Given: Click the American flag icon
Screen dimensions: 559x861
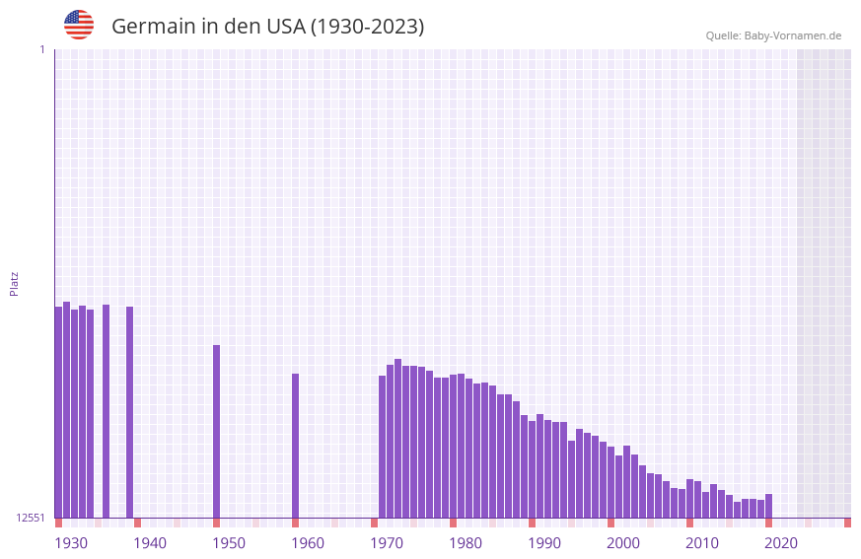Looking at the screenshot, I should [79, 25].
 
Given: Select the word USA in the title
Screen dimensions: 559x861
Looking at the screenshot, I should [286, 27].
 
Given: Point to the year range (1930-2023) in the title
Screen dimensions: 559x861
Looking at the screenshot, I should [367, 27].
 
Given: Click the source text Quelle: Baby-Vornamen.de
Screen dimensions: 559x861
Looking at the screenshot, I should [773, 35].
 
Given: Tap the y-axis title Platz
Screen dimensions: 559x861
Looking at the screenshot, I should [14, 283].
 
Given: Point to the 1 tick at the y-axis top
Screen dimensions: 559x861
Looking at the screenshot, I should [41, 49].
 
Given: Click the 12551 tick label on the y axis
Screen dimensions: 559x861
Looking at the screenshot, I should [31, 518].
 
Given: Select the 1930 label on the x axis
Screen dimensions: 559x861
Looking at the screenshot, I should [71, 543].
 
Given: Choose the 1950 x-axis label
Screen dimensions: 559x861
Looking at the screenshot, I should [229, 543].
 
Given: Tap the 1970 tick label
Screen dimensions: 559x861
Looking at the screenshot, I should [387, 543].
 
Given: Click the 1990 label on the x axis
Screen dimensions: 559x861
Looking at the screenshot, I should [544, 543].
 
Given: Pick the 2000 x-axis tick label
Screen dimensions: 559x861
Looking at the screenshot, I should [623, 543].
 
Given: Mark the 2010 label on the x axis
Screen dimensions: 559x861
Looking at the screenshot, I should [702, 543].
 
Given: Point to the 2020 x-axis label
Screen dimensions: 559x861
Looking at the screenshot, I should [781, 543].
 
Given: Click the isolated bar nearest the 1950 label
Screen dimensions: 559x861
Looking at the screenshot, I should [217, 431].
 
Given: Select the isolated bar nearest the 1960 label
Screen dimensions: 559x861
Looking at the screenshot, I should [295, 446].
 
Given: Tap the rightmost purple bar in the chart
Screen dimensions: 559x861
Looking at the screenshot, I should [768, 506].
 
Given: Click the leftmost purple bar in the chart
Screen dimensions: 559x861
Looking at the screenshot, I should [58, 412].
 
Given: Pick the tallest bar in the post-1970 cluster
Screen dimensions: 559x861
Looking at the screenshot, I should [397, 438].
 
